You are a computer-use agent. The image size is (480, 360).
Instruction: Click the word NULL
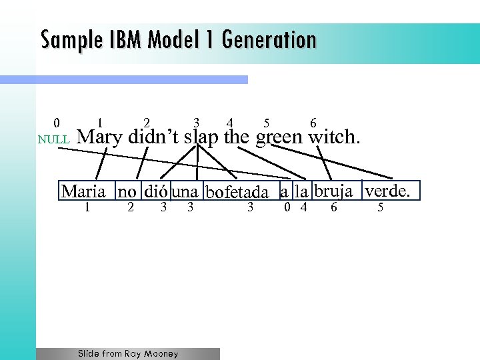pos(53,141)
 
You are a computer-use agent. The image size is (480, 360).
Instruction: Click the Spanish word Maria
pos(83,192)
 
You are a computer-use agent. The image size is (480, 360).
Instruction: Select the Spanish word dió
pos(156,192)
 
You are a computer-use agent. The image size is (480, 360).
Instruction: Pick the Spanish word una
pos(185,193)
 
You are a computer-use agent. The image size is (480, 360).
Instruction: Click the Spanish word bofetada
pos(237,193)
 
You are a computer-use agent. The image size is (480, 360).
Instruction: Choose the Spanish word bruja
pos(333,191)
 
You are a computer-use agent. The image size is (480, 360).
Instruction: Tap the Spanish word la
pos(302,193)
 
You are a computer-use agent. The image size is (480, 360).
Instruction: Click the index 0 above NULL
pos(57,123)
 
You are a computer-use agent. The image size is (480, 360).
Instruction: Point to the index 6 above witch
pos(313,123)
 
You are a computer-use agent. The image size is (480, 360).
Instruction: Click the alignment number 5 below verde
pos(380,207)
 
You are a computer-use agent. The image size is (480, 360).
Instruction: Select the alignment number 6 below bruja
pos(333,207)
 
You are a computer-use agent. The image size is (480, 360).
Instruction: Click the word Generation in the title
pos(270,41)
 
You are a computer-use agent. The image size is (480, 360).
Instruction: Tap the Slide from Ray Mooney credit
pos(128,354)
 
